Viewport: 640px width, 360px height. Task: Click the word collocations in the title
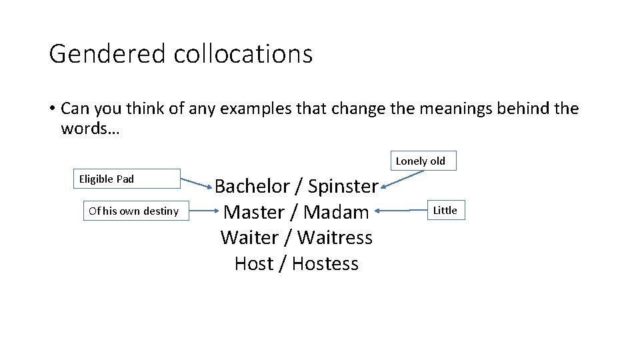[x=243, y=54]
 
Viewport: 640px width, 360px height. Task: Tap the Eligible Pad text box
[x=126, y=179]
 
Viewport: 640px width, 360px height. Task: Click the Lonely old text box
[x=420, y=161]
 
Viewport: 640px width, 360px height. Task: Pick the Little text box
[x=445, y=211]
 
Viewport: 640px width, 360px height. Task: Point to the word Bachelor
[x=252, y=186]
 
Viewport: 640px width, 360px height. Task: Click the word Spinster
[x=343, y=187]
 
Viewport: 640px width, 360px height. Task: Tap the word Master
[x=254, y=212]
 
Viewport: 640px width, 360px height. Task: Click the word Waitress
[x=335, y=237]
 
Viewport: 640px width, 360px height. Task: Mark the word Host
[x=254, y=263]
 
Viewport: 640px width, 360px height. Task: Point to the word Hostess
[x=325, y=263]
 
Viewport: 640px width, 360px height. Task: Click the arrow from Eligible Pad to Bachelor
[x=197, y=183]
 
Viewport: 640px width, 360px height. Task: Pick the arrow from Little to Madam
[x=400, y=211]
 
